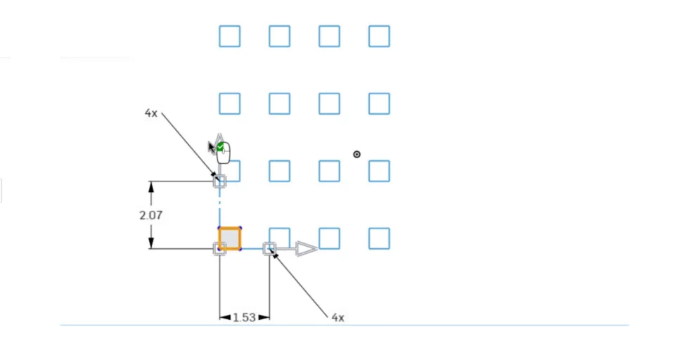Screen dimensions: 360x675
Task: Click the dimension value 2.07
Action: [x=150, y=215]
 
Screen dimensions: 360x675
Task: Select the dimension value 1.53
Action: [x=244, y=317]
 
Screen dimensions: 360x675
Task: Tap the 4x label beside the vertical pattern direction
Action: [x=151, y=112]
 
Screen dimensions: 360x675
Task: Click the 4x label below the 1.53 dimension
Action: [x=337, y=317]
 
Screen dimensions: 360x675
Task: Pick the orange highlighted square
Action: [x=229, y=238]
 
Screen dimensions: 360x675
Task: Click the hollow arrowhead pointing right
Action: [x=307, y=248]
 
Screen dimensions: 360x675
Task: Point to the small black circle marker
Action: [x=356, y=154]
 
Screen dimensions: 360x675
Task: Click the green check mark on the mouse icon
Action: [x=221, y=147]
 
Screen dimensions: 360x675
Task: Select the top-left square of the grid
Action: [x=229, y=36]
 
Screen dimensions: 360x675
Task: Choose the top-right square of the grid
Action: [x=379, y=36]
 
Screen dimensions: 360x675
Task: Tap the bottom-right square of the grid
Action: [x=379, y=238]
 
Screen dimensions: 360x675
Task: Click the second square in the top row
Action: [x=279, y=36]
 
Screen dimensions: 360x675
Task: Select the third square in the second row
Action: [x=329, y=103]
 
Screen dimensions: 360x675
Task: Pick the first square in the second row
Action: [x=229, y=103]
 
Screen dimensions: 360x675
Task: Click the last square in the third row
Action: [x=379, y=171]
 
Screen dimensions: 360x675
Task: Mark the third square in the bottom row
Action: [x=329, y=238]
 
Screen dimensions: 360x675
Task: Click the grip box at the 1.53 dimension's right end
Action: [x=269, y=248]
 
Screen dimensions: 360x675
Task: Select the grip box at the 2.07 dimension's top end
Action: [x=219, y=181]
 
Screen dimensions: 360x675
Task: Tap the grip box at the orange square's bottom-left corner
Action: [x=219, y=248]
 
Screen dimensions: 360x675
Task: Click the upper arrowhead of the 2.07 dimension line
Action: [x=151, y=186]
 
